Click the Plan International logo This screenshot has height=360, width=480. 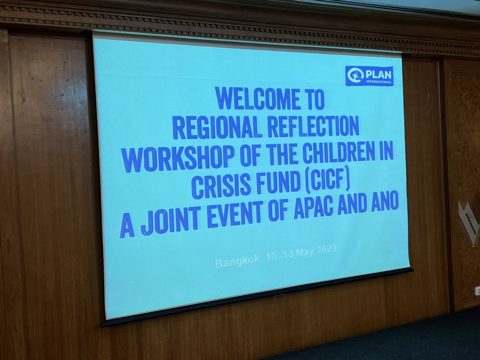click(x=369, y=76)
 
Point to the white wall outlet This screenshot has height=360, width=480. click(x=477, y=291)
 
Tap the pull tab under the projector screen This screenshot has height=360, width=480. click(x=280, y=296)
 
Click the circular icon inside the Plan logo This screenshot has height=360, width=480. click(x=355, y=76)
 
